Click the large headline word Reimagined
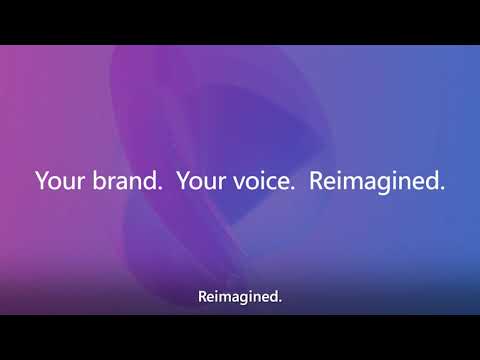375,183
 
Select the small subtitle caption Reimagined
240,296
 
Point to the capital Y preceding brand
41,182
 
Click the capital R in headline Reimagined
316,182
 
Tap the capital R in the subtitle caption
203,295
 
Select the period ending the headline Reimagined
443,190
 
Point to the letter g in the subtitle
243,298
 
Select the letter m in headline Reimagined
349,184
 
